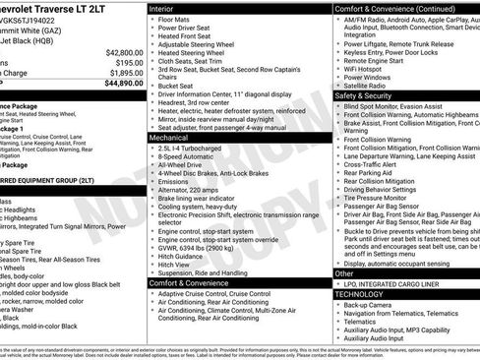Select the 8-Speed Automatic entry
187,158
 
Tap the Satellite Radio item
368,87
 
